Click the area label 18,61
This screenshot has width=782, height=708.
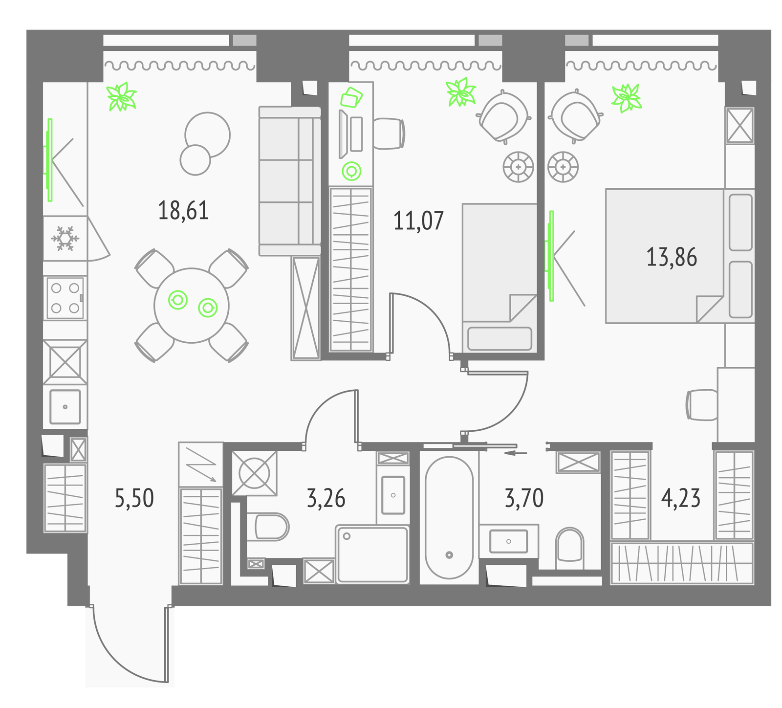click(x=183, y=211)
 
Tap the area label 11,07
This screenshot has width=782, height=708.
click(x=418, y=221)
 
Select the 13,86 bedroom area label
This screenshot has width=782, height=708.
click(x=672, y=257)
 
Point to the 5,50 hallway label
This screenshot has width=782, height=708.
click(x=134, y=498)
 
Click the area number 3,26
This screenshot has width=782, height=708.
click(x=326, y=498)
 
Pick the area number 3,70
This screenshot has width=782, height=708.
click(x=524, y=498)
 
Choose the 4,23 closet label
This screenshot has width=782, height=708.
click(x=681, y=498)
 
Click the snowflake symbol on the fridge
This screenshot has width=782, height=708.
click(x=65, y=239)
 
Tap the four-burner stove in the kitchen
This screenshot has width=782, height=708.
click(x=65, y=298)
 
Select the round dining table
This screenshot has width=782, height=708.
click(x=192, y=305)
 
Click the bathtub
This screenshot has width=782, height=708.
click(x=449, y=517)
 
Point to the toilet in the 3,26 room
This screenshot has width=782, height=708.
click(x=268, y=527)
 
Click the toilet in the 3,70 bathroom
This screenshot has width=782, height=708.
click(x=570, y=545)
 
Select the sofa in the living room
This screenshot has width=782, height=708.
click(x=290, y=181)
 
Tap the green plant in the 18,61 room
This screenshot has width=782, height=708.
click(x=122, y=96)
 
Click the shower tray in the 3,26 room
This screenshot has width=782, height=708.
click(x=372, y=554)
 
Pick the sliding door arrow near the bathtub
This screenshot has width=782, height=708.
click(x=516, y=453)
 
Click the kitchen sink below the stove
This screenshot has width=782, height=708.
click(x=65, y=407)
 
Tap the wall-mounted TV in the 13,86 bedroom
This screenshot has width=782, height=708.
click(x=550, y=256)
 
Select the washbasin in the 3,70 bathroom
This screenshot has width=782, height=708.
click(x=509, y=541)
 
